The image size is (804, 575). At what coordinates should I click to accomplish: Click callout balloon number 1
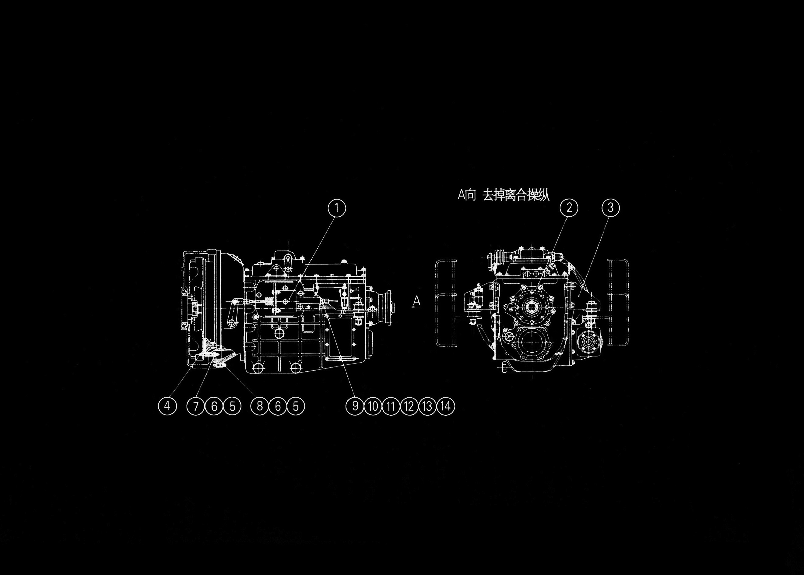point(336,208)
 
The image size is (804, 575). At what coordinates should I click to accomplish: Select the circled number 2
point(569,208)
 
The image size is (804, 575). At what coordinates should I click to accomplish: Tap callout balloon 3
point(610,208)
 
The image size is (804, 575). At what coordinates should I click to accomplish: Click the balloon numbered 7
point(196,406)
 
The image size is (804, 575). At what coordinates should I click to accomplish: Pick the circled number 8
point(259,406)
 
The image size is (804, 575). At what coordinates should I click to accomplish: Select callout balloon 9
point(355,406)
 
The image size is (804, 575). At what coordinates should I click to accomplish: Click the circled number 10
point(373,406)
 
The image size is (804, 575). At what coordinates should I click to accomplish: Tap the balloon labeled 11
point(391,406)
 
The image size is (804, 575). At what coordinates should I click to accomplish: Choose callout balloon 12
point(409,406)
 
